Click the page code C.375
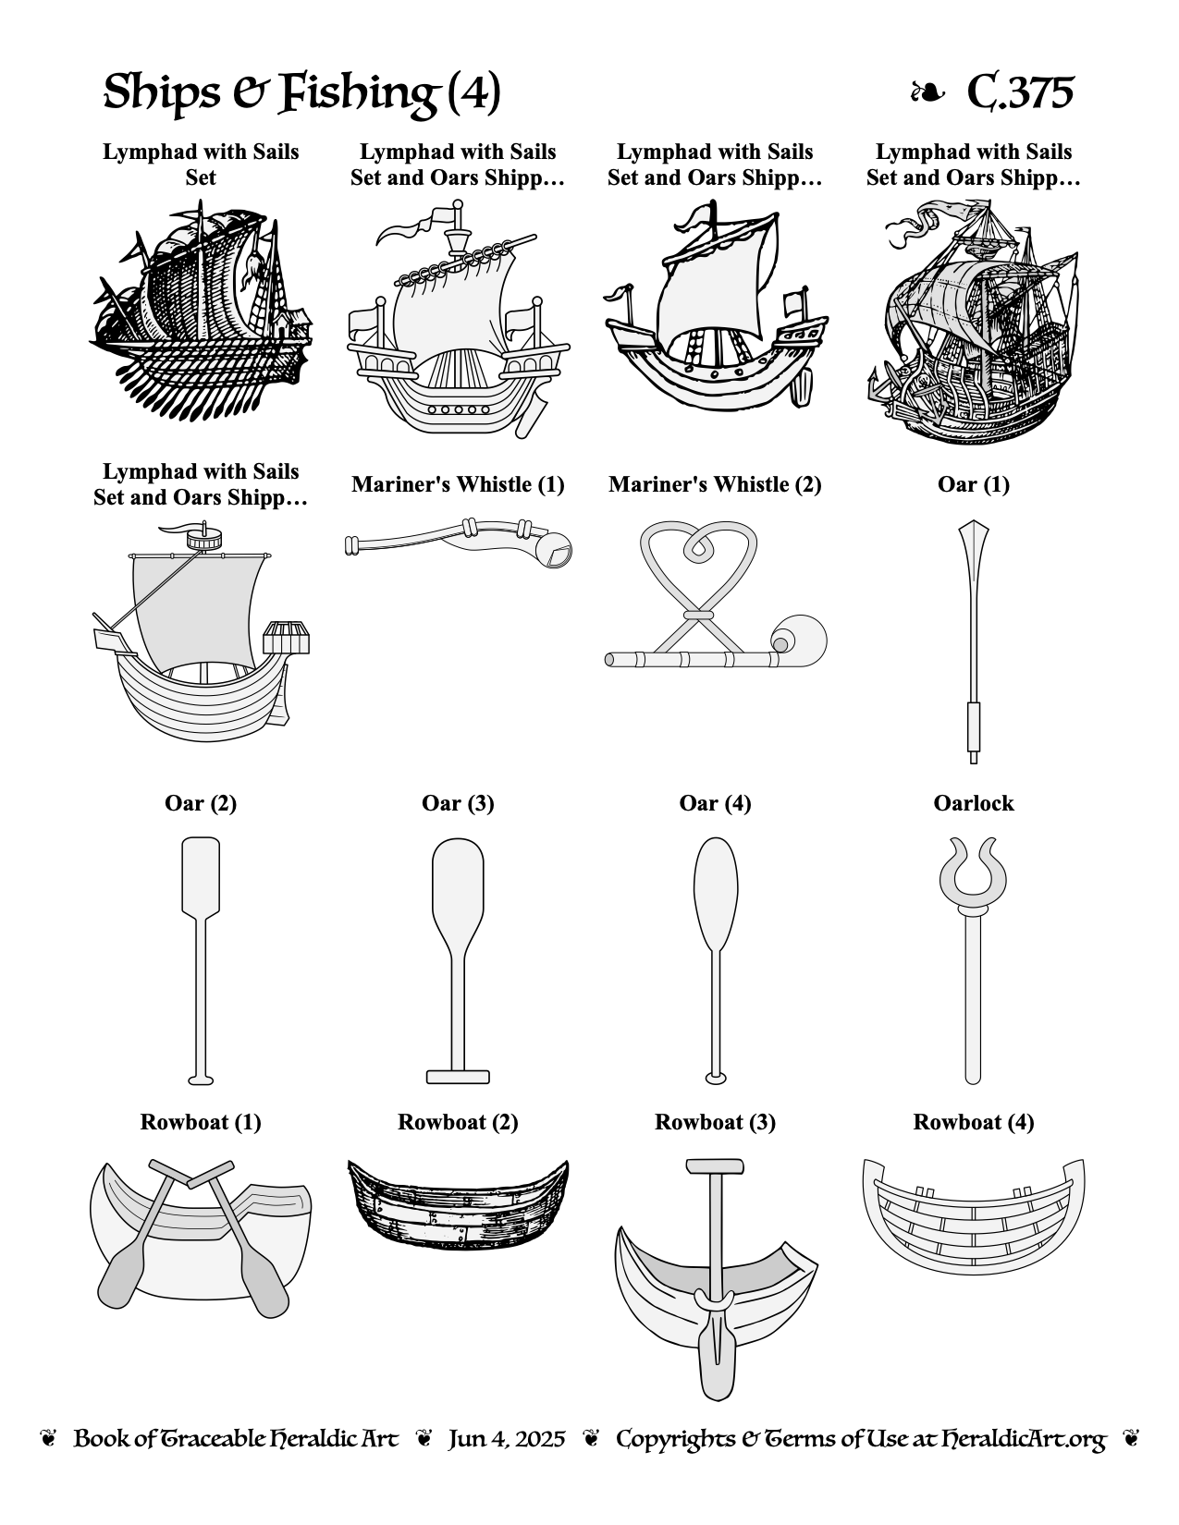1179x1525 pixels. pyautogui.click(x=1020, y=91)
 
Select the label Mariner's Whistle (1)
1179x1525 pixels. pyautogui.click(x=458, y=484)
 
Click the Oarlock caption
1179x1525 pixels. pyautogui.click(x=974, y=803)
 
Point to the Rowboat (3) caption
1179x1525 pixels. pyautogui.click(x=715, y=1121)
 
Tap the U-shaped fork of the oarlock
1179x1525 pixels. pyautogui.click(x=973, y=871)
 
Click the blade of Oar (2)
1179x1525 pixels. pyautogui.click(x=201, y=876)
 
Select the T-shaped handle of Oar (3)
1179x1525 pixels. pyautogui.click(x=458, y=1077)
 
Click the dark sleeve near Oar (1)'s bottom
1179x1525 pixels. pyautogui.click(x=974, y=726)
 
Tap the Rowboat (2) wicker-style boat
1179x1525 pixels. pyautogui.click(x=458, y=1204)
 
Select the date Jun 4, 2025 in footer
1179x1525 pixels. pyautogui.click(x=507, y=1439)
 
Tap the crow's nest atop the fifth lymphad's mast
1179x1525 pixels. pyautogui.click(x=203, y=539)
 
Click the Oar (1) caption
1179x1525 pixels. pyautogui.click(x=974, y=484)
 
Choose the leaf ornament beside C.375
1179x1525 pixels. pyautogui.click(x=927, y=92)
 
